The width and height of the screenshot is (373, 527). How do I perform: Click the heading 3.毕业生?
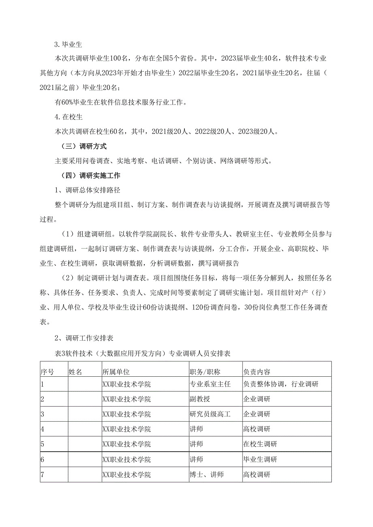[69, 45]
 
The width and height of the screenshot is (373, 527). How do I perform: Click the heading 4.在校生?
[69, 117]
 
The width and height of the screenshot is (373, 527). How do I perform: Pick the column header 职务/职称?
[205, 372]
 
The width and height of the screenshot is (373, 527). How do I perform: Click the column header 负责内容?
[257, 372]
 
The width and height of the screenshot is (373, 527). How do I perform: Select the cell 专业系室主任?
[210, 384]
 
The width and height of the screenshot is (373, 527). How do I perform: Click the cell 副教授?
[200, 399]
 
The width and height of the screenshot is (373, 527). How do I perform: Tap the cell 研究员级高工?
[210, 414]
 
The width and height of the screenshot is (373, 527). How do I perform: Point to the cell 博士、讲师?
[207, 475]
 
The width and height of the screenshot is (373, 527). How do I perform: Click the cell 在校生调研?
[260, 444]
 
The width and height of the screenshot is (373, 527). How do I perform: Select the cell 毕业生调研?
[260, 459]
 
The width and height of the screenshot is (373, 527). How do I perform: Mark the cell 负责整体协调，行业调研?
[281, 384]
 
